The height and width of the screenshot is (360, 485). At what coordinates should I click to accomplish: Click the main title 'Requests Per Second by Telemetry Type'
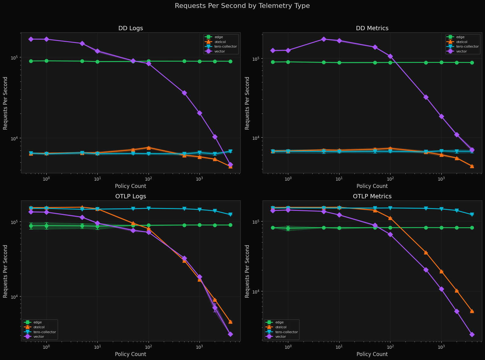point(242,6)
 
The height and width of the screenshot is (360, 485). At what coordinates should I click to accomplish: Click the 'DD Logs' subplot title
point(131,28)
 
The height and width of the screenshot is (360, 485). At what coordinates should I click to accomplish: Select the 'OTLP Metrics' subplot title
point(372,196)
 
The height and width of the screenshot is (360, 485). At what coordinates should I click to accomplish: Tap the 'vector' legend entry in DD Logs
point(220,52)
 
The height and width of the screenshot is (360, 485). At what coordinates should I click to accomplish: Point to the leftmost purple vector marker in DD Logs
point(31,39)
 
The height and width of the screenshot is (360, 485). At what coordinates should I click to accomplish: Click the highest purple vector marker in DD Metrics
point(324,39)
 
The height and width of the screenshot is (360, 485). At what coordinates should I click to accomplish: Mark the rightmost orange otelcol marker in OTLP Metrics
point(472,311)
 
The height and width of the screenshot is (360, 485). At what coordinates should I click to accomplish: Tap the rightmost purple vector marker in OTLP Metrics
point(472,334)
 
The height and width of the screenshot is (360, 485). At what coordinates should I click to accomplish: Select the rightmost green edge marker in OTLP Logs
point(230,225)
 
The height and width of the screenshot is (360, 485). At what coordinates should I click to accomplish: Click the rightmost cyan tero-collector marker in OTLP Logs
point(230,214)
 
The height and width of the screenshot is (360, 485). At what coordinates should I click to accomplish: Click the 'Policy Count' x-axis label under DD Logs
point(131,186)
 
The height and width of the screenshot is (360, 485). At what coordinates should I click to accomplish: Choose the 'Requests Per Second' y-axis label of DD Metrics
point(247,103)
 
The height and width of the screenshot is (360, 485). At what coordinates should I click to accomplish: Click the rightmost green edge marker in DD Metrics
point(472,63)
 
